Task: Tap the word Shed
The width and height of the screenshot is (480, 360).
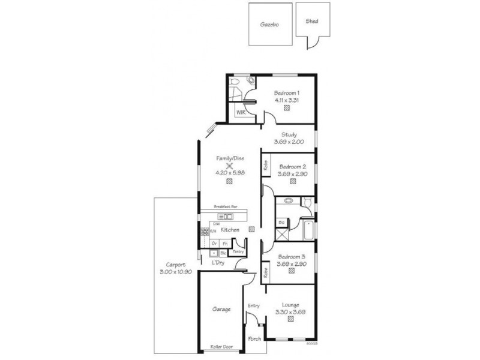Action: (x=311, y=21)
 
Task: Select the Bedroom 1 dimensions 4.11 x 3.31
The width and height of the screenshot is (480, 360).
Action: (x=286, y=100)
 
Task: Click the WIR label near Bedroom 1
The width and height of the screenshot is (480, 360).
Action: (x=241, y=112)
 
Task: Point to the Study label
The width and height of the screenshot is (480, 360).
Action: (x=289, y=134)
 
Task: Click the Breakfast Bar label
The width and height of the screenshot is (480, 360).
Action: (x=230, y=206)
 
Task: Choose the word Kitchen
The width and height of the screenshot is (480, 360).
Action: (x=230, y=230)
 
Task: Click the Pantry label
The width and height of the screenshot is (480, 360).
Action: (x=238, y=252)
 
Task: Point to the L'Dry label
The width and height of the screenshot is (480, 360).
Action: (x=218, y=263)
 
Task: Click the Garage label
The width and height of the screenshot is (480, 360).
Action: (x=221, y=310)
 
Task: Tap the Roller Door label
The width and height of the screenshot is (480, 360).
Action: (x=221, y=347)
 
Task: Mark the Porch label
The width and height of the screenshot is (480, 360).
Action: (x=254, y=339)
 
